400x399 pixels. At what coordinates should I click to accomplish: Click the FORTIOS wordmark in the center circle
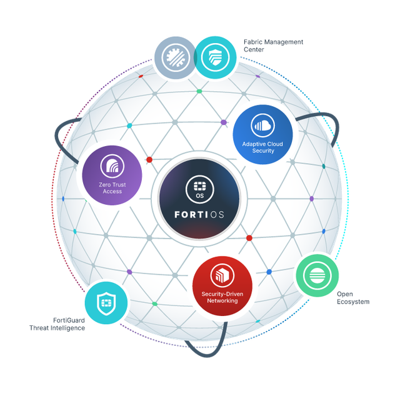click(x=199, y=215)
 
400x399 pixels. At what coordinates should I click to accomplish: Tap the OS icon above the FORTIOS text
click(x=199, y=189)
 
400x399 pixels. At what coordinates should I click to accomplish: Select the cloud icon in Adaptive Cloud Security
click(x=262, y=126)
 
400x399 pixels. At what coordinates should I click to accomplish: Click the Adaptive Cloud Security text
click(x=262, y=147)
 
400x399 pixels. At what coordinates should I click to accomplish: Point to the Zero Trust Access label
click(x=112, y=188)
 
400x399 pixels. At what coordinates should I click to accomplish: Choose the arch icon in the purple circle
click(x=112, y=166)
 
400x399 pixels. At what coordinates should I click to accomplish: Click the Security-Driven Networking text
click(x=222, y=297)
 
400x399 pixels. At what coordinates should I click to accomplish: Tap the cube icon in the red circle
click(x=222, y=275)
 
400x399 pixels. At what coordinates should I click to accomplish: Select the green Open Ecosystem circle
click(x=317, y=275)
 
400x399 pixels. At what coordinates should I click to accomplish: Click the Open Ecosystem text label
click(x=353, y=298)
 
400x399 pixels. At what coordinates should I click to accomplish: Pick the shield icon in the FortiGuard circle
click(x=106, y=303)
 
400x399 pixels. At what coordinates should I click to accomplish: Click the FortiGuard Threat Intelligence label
click(x=57, y=324)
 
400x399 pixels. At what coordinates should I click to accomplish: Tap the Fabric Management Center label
click(x=273, y=46)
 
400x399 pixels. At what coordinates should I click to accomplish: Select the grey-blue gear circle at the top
click(x=176, y=57)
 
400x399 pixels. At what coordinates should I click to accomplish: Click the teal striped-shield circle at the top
click(x=215, y=57)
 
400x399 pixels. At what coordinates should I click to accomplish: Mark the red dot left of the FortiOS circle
click(x=149, y=160)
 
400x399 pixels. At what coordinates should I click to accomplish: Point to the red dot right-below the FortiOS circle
click(x=249, y=238)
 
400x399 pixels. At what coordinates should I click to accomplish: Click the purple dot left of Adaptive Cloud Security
click(x=224, y=122)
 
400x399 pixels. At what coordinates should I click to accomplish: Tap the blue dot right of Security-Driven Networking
click(x=269, y=272)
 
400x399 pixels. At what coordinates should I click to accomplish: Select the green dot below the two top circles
click(x=199, y=91)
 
